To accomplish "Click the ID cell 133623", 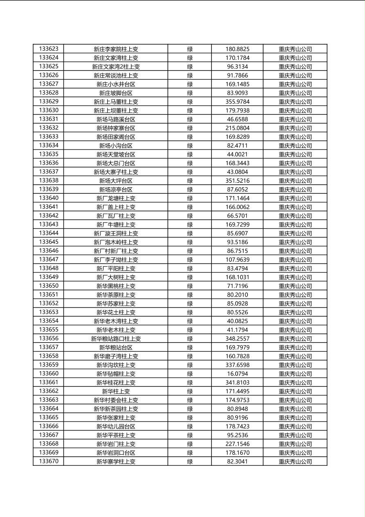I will [x=49, y=49].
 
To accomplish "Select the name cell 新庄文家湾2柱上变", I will [x=116, y=66].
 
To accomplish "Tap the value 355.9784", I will [x=237, y=102].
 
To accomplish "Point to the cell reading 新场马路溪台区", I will [x=116, y=119].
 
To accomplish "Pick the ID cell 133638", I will [x=49, y=180].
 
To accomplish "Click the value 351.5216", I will [x=237, y=180].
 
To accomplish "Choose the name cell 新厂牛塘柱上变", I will [x=116, y=224].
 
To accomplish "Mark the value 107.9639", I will [x=237, y=259].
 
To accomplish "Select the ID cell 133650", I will [x=49, y=286].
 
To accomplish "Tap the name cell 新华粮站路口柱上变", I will [x=116, y=338].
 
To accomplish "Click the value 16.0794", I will [x=237, y=374].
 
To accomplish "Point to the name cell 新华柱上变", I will [x=116, y=391].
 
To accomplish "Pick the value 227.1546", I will [x=237, y=444].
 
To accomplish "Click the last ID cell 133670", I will [x=49, y=461].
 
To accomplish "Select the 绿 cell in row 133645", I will [x=190, y=242].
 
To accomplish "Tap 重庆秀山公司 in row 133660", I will [x=295, y=374].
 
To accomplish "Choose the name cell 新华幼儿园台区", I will [x=116, y=426].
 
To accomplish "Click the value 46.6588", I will [x=237, y=119].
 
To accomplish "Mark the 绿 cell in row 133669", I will [x=190, y=453].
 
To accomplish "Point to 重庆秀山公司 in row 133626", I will [x=295, y=75].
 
